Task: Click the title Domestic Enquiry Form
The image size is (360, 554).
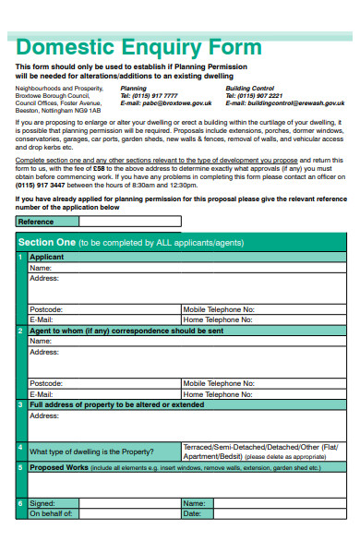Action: (x=138, y=47)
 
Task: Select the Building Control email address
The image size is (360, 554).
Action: (x=285, y=103)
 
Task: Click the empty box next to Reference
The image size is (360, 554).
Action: (x=129, y=222)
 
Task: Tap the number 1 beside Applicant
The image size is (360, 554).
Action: (x=21, y=257)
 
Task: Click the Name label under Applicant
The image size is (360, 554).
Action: (x=41, y=267)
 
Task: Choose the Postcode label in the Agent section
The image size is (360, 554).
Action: (x=46, y=382)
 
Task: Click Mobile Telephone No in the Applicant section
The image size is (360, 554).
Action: (x=219, y=309)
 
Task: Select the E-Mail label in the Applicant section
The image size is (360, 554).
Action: (x=42, y=319)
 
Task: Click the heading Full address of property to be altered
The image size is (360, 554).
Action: (x=117, y=404)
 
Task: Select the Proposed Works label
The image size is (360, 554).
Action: (x=59, y=468)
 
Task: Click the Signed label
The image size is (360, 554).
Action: (x=42, y=503)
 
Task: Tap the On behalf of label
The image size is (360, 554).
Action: (x=51, y=513)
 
